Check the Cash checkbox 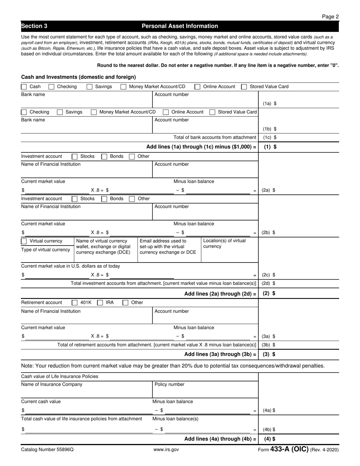tap(24, 87)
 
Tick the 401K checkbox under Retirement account tap(75, 303)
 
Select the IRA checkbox tap(100, 303)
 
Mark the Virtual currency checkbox tap(24, 241)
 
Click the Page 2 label tap(330, 16)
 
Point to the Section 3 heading tap(34, 26)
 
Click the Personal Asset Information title tap(180, 26)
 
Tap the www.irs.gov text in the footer tap(166, 450)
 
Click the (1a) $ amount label tap(269, 103)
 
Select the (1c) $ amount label tap(269, 138)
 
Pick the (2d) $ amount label tap(269, 283)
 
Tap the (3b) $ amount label tap(269, 345)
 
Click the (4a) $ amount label tap(269, 410)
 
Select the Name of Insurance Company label tap(52, 385)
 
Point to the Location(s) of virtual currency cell tap(224, 244)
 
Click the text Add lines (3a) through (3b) tap(220, 355)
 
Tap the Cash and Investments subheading tap(78, 77)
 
